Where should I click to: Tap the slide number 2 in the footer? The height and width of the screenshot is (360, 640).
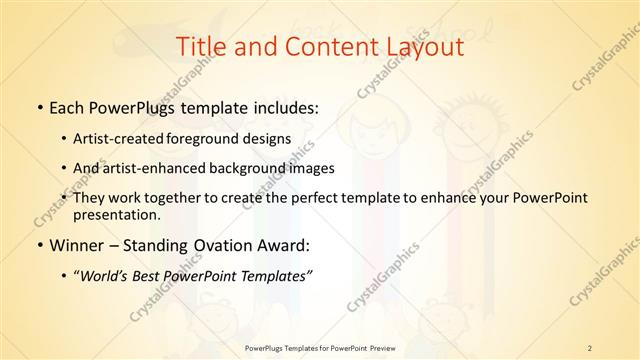point(590,348)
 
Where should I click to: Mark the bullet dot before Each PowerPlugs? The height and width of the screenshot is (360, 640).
point(38,106)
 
